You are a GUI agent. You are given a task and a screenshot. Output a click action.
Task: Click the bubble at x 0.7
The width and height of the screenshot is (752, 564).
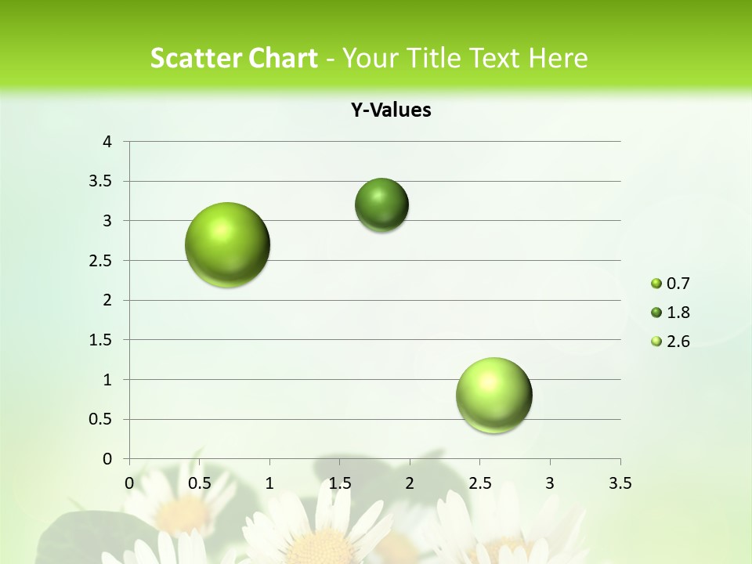[x=227, y=244]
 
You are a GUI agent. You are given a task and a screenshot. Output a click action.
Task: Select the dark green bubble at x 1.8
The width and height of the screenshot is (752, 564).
[x=381, y=205]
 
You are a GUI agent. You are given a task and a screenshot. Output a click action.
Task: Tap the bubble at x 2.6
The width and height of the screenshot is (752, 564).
[x=493, y=395]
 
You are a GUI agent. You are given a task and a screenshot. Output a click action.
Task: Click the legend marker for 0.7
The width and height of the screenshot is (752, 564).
[x=656, y=284]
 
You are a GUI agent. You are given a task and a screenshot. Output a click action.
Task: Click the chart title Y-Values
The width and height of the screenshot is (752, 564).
[x=391, y=110]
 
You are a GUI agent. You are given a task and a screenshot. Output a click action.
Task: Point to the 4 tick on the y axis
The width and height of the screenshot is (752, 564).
[x=107, y=142]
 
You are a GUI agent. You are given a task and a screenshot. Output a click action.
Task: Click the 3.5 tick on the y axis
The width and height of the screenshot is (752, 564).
[x=102, y=182]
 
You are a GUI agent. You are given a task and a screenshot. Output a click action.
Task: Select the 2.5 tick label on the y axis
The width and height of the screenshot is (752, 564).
[x=102, y=261]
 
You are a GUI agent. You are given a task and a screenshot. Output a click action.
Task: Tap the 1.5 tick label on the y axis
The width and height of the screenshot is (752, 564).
[x=102, y=340]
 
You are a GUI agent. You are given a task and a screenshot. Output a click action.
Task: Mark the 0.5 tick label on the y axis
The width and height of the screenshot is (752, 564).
[x=102, y=420]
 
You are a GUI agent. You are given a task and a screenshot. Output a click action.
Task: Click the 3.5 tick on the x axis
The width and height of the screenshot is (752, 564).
[x=620, y=483]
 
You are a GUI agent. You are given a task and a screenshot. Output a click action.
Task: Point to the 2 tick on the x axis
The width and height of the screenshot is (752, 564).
[x=410, y=483]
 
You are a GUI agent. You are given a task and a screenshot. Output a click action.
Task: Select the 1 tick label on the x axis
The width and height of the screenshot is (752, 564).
[x=269, y=483]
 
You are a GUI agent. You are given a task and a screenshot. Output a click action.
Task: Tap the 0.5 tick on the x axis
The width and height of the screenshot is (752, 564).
[x=200, y=483]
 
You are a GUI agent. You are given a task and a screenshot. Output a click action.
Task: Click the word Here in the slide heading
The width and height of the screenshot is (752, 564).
[x=558, y=58]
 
